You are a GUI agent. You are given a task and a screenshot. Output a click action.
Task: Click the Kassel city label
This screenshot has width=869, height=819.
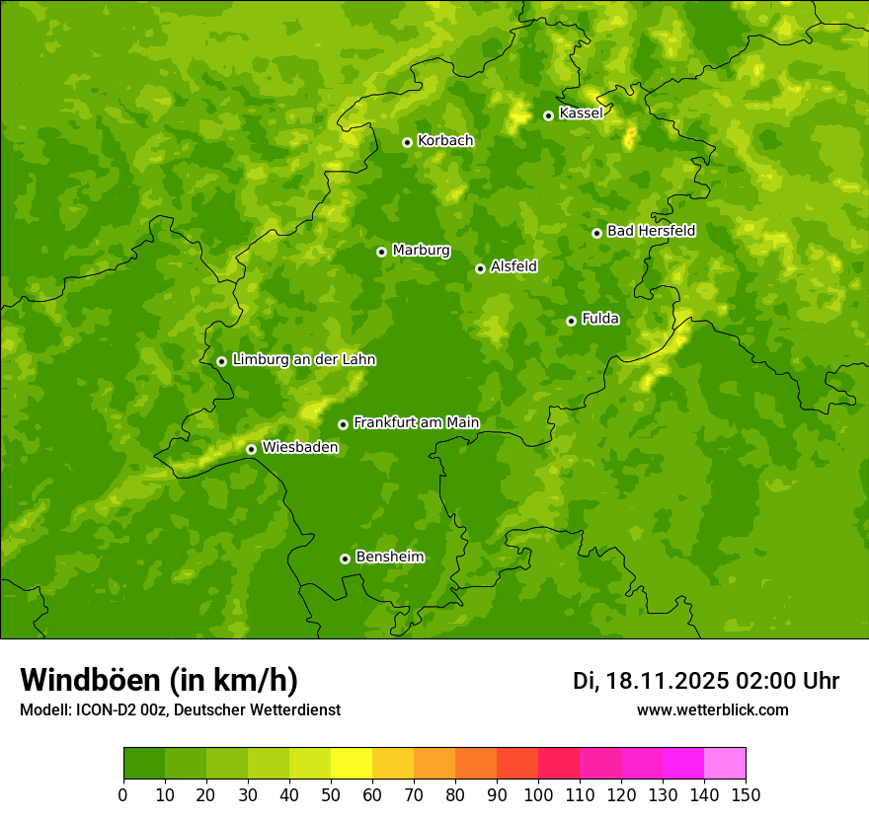[581, 113]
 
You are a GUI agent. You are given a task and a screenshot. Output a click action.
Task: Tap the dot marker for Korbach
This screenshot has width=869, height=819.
[407, 142]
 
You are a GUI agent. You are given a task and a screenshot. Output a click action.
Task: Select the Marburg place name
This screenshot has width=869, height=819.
[421, 251]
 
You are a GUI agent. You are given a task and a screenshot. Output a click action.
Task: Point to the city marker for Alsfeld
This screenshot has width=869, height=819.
[480, 268]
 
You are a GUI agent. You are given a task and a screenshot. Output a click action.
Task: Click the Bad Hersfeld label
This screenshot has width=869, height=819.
[651, 231]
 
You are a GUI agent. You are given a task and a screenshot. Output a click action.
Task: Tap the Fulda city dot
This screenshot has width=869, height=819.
[571, 321]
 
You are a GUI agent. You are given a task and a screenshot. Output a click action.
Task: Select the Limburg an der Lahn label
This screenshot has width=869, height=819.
[303, 360]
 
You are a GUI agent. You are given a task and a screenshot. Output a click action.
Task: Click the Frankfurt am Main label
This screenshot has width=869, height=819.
[416, 423]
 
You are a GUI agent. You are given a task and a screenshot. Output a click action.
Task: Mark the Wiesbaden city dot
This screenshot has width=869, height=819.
[251, 449]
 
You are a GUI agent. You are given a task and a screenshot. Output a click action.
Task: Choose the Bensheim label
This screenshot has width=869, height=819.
[389, 558]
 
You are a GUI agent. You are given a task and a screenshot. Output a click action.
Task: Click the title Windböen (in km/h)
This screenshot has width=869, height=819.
[159, 680]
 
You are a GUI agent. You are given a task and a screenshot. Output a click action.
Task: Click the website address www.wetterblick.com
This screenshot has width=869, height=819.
[712, 709]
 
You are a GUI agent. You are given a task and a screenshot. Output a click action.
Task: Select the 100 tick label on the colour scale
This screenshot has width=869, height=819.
[538, 794]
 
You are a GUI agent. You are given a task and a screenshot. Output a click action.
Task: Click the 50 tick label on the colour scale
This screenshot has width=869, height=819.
[331, 794]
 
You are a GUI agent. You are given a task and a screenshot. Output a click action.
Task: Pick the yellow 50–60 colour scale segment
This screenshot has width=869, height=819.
[352, 763]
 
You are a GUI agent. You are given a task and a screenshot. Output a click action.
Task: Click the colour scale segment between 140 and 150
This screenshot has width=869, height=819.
[725, 763]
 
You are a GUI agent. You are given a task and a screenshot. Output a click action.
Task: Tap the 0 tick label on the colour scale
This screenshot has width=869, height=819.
[123, 794]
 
